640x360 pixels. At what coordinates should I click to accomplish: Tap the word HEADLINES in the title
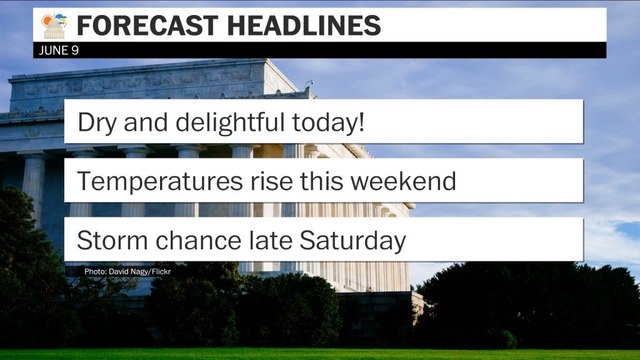click(299, 26)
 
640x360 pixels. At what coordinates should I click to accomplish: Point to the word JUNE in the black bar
click(56, 51)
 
